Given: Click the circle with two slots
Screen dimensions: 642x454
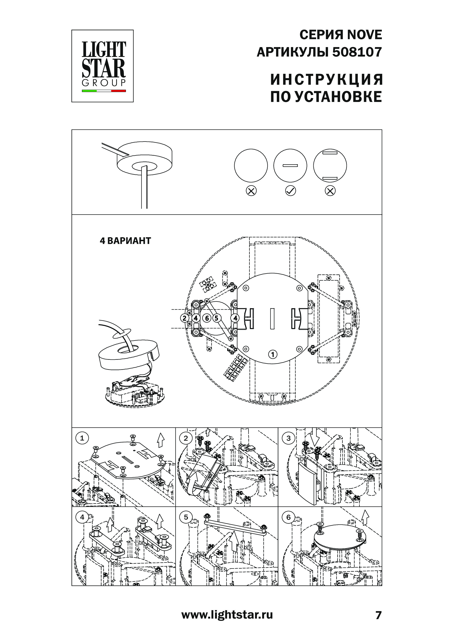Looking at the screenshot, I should tap(330, 166).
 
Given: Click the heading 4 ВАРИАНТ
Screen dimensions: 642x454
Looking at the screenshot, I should tap(125, 241).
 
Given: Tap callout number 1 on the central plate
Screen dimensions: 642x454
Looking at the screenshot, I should tap(273, 354).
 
